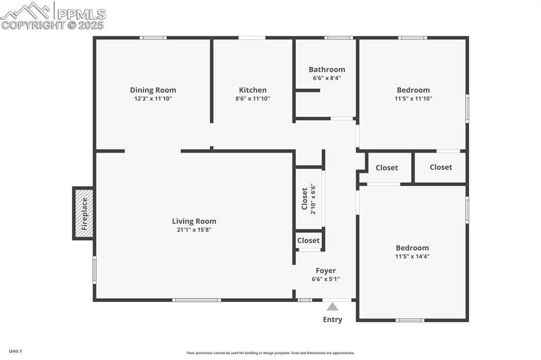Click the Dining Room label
pyautogui.click(x=153, y=90)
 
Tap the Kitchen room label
pyautogui.click(x=253, y=90)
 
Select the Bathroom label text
pyautogui.click(x=327, y=70)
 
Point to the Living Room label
pyautogui.click(x=194, y=222)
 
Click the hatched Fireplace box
pyautogui.click(x=83, y=213)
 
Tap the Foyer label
pyautogui.click(x=325, y=271)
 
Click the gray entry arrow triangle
pyautogui.click(x=332, y=307)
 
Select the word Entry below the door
pyautogui.click(x=332, y=319)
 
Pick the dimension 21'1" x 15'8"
pyautogui.click(x=194, y=230)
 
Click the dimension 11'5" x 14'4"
pyautogui.click(x=412, y=257)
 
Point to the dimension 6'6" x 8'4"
pyautogui.click(x=327, y=78)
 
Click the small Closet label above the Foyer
pyautogui.click(x=308, y=241)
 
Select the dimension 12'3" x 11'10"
pyautogui.click(x=153, y=99)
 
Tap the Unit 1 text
pyautogui.click(x=15, y=351)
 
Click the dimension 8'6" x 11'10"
pyautogui.click(x=253, y=99)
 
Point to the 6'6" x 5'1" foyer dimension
pyautogui.click(x=325, y=279)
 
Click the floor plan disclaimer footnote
pyautogui.click(x=270, y=353)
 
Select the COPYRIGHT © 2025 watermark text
pyautogui.click(x=53, y=25)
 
